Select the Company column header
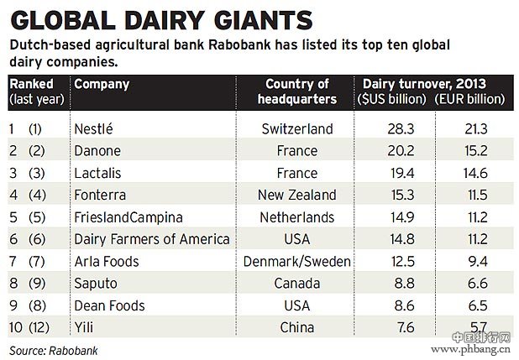tap(102, 84)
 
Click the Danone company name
tap(98, 151)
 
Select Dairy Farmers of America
tap(151, 239)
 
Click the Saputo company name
tap(96, 284)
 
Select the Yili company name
tap(85, 327)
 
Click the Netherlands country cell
tap(299, 217)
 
